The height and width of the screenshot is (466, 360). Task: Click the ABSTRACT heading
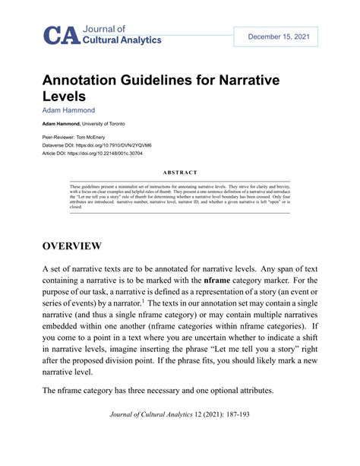tap(179, 173)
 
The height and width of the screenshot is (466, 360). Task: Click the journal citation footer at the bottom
tap(179, 436)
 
